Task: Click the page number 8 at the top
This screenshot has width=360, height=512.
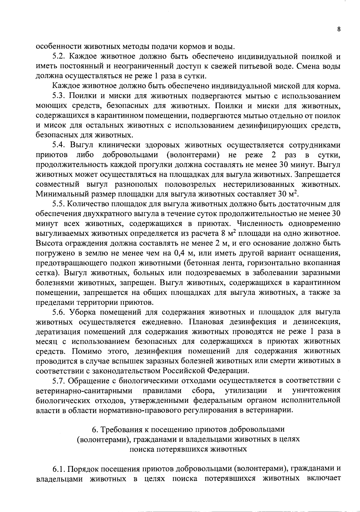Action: click(339, 29)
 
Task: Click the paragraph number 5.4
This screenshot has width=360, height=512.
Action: click(60, 145)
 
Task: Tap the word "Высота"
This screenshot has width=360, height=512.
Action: click(49, 243)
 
